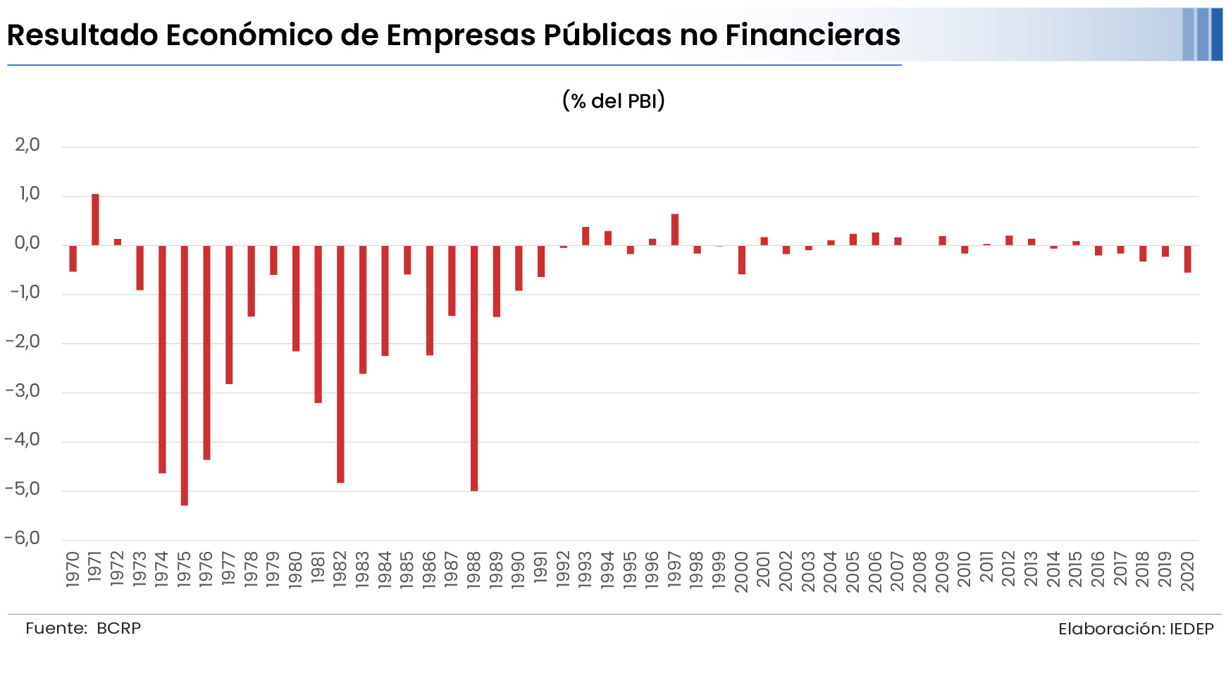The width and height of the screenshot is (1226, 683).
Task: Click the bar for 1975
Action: (185, 375)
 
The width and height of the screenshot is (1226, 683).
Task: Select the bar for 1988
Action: (474, 368)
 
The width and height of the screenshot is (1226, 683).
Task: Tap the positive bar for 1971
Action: (95, 219)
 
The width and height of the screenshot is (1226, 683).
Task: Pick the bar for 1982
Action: (340, 364)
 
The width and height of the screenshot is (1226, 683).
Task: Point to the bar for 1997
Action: (675, 229)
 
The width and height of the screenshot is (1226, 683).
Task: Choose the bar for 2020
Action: (1188, 259)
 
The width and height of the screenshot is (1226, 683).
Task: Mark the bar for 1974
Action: (162, 359)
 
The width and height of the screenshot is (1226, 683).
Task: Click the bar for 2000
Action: (742, 259)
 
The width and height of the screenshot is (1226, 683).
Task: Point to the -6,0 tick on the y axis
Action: (23, 539)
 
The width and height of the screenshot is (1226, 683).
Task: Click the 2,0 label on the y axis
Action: (27, 145)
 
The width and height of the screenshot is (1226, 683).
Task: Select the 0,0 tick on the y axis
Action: (27, 244)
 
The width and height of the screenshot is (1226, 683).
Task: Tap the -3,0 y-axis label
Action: (23, 391)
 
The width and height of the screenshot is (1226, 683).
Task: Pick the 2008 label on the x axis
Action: (919, 572)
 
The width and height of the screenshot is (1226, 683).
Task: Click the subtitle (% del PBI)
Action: (614, 101)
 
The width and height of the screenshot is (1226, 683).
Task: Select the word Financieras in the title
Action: (813, 35)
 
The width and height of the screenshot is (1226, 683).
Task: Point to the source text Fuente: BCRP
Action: (83, 628)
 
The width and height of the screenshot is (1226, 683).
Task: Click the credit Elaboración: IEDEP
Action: (1136, 629)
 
